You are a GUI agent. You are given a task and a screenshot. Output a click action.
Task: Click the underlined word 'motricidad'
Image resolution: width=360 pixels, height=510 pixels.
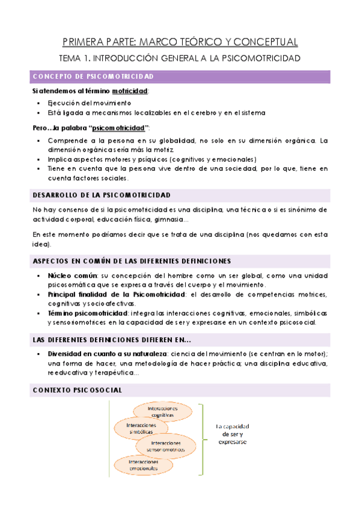pyautogui.click(x=133, y=90)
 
